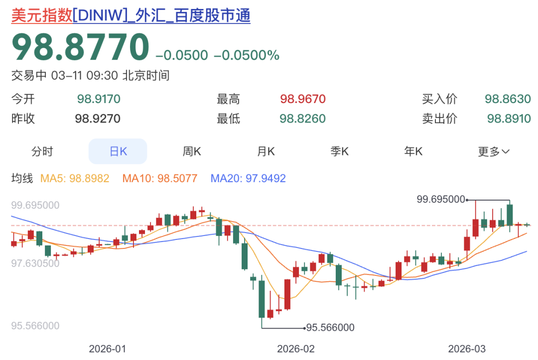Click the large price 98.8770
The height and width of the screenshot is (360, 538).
pos(80,48)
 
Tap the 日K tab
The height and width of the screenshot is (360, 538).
pos(118,151)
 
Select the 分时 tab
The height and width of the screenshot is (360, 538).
pos(42,151)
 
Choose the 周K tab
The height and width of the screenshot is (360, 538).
pos(192,151)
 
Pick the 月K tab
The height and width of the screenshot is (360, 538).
pos(266,151)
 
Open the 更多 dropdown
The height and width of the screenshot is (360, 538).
pos(494,151)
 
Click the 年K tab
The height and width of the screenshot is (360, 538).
pos(413,151)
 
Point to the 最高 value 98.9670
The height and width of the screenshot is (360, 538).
pos(303,99)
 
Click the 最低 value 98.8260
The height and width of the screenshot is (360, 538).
pos(303,119)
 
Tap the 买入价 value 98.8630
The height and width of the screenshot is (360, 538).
pos(508,99)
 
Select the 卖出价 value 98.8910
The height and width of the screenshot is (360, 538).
pos(508,119)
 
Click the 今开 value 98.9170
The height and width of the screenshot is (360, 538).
pos(99,99)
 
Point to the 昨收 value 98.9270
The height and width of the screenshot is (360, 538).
pos(98,119)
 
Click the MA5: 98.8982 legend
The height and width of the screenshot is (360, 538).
pos(75,178)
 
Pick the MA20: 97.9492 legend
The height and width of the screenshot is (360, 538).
pos(248,178)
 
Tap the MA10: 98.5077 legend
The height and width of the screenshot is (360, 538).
pos(160,178)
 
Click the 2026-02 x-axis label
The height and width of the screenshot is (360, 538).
pos(296,348)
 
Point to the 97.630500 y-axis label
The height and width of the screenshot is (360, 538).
pos(35,263)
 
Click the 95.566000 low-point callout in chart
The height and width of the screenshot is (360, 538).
pos(330,328)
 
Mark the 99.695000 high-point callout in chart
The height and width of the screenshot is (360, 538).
pos(441,199)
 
